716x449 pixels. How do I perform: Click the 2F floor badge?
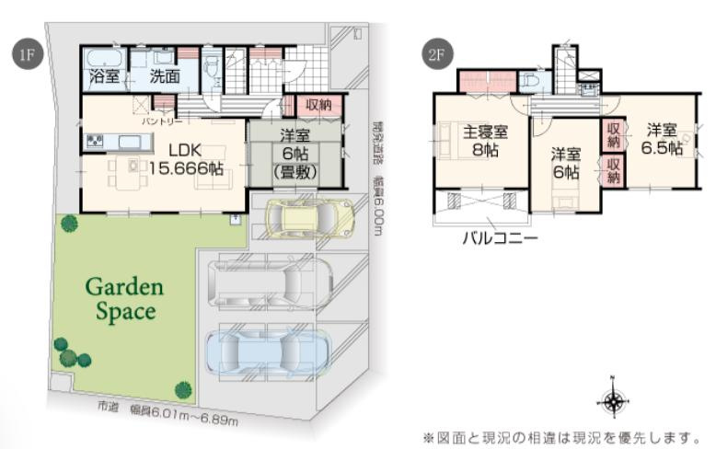coord(436,54)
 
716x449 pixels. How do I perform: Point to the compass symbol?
coord(611,397)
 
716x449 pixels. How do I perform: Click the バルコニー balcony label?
coord(500,237)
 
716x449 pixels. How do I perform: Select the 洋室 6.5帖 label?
coord(663,138)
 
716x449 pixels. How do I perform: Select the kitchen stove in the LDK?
coord(96,141)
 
